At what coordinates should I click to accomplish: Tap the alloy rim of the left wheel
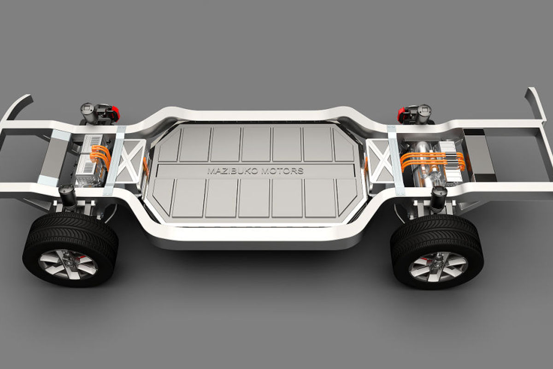[x=68, y=264]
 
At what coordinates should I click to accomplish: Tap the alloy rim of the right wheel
[x=438, y=267]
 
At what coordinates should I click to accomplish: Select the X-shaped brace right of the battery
[x=380, y=160]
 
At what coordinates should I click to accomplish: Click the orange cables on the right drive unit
[x=433, y=161]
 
